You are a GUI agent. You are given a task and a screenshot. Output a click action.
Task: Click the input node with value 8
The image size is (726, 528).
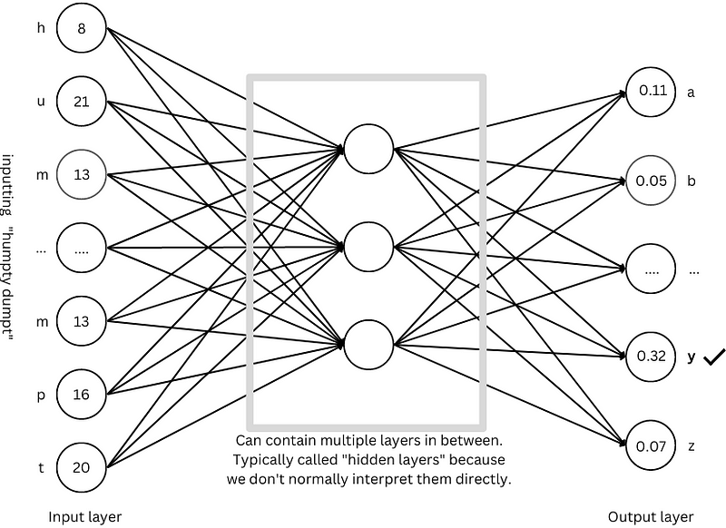point(82,28)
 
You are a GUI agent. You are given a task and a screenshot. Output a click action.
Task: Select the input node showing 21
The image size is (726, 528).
point(82,101)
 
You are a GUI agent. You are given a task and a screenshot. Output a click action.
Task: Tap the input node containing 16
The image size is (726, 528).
point(82,395)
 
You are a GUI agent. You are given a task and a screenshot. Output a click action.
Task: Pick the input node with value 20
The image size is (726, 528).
point(82,468)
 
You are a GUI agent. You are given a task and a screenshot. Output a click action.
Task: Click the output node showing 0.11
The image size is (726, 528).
point(652,91)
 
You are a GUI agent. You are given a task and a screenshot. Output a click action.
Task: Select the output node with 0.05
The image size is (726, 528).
point(652,180)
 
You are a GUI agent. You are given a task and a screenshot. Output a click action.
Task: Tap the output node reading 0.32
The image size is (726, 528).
point(652,357)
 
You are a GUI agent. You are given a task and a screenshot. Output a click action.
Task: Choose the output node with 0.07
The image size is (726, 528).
point(652,446)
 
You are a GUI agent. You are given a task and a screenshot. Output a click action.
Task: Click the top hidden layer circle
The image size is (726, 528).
point(368,148)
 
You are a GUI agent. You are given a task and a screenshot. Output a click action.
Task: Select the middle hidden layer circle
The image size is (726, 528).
point(368,246)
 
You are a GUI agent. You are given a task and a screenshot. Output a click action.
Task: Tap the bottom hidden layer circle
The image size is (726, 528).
point(368,344)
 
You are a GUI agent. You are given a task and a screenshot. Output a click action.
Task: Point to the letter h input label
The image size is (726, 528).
point(40,28)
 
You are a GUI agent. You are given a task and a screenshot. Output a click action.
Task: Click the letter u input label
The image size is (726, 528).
point(40,101)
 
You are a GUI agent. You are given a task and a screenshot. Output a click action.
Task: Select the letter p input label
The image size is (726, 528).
point(40,395)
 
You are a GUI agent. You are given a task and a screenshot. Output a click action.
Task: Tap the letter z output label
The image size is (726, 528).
point(691,446)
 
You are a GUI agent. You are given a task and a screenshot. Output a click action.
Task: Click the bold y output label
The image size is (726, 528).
point(692,357)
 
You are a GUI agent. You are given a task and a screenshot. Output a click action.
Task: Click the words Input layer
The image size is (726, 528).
point(85,516)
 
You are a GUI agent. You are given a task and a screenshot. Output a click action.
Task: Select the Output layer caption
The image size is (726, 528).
point(645,516)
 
